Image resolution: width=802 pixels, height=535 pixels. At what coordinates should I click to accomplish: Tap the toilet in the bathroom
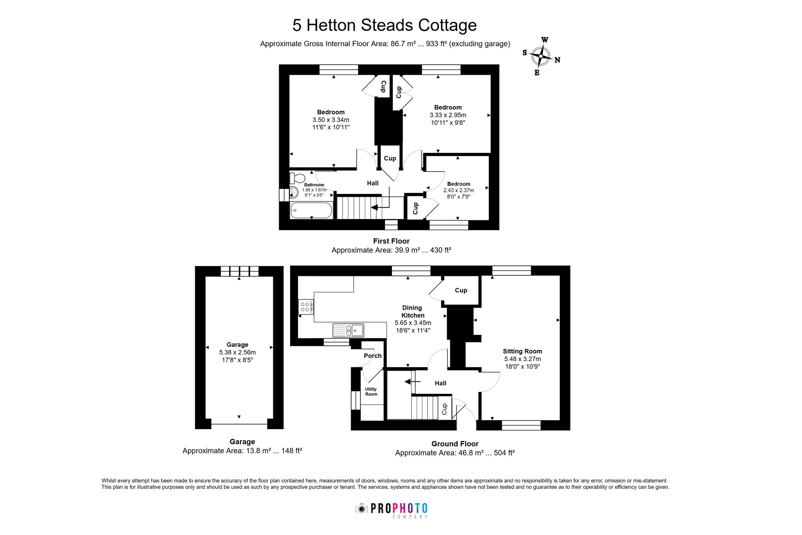point(297,178)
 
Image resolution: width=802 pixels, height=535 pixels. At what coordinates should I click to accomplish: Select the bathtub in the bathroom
point(311,210)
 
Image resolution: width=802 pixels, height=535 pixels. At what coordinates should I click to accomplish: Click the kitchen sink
point(348,330)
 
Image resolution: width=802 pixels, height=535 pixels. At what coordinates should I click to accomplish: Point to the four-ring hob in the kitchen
point(305,306)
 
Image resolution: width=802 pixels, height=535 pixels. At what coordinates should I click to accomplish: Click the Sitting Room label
point(522,351)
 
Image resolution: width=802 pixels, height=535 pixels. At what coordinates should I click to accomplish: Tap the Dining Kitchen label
point(413,312)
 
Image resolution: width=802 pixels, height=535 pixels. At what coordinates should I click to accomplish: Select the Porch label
point(372,356)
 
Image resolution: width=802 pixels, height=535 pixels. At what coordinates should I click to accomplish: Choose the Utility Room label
point(371,392)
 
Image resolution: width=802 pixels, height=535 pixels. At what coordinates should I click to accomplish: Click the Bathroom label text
point(314,185)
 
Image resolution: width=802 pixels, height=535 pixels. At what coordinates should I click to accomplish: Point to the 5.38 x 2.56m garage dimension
point(237,352)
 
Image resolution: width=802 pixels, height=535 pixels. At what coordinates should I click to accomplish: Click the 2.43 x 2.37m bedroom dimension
point(459,190)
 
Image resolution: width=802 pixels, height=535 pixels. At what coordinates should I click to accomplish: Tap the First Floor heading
point(391,241)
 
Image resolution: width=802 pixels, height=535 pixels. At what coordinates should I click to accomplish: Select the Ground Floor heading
point(455,444)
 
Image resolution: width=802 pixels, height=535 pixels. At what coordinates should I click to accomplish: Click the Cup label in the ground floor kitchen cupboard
point(461,290)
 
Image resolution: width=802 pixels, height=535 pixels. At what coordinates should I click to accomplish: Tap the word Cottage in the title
point(448,25)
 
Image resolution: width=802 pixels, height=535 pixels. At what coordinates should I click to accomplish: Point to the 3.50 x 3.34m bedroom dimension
point(331,120)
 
